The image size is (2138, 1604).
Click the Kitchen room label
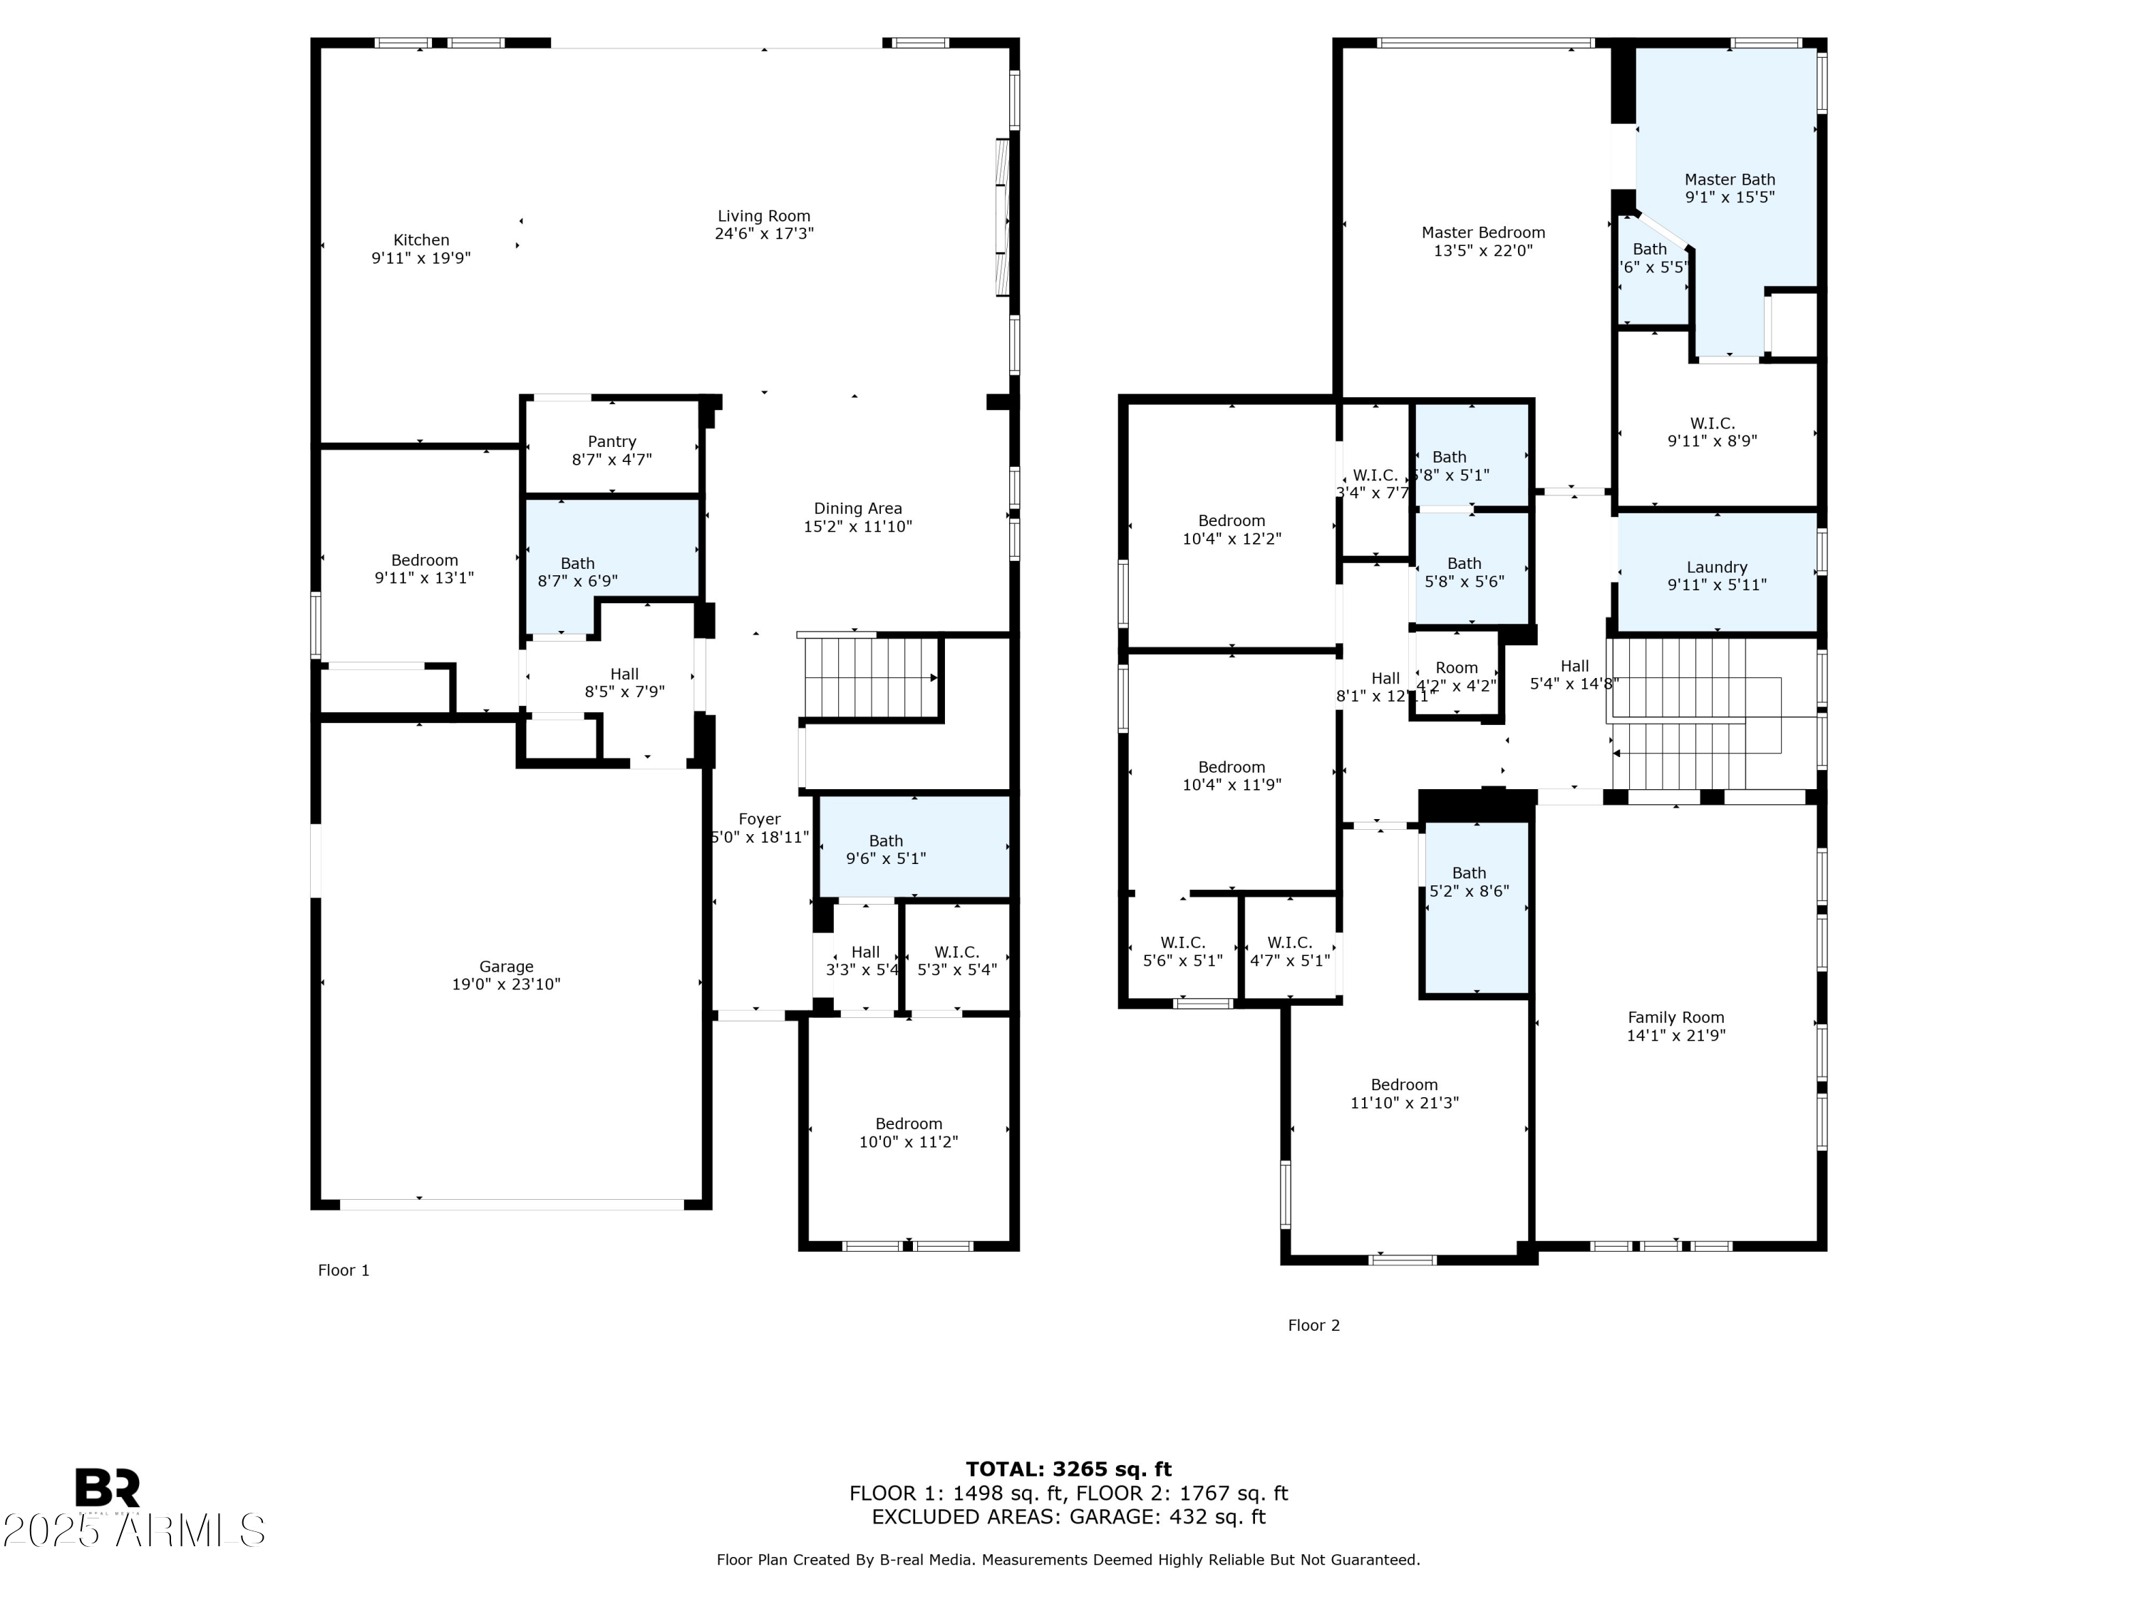[x=420, y=240]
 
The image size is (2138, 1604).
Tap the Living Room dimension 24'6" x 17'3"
[x=763, y=234]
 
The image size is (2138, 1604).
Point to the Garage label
[x=505, y=966]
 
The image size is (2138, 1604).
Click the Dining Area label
[x=857, y=508]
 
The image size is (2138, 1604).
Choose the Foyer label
[x=759, y=819]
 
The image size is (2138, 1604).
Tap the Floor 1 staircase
[x=870, y=677]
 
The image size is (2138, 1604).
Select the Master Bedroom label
[x=1482, y=232]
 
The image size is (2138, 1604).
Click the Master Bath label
[x=1729, y=179]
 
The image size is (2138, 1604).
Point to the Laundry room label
[x=1717, y=567]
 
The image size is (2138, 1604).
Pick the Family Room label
[x=1675, y=1017]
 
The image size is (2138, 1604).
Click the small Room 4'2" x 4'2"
[x=1455, y=676]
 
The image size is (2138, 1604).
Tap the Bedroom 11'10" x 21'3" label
[x=1403, y=1085]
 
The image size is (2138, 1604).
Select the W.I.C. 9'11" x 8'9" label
[x=1712, y=423]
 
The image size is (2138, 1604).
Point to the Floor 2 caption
[x=1313, y=1325]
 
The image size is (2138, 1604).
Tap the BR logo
[x=108, y=1488]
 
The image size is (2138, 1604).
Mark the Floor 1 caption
[x=343, y=1270]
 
